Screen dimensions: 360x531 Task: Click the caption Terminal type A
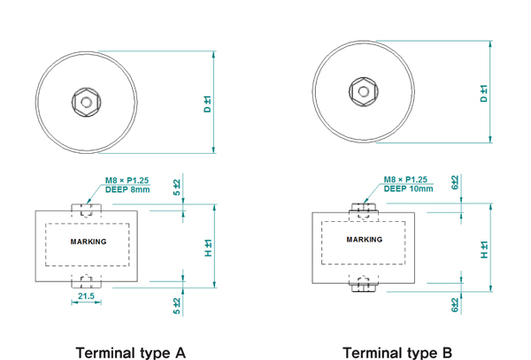coord(130,351)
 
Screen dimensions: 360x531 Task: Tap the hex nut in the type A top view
coord(86,101)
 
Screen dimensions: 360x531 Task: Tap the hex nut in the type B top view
coord(362,91)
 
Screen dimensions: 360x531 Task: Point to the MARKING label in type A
coord(88,241)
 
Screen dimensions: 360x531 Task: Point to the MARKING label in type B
coord(365,240)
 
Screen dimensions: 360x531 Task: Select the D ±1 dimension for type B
coord(483,93)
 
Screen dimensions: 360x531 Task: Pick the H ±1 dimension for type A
coord(208,249)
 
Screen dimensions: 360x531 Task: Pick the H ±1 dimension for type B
coord(483,250)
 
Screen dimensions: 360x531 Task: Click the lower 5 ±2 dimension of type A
coord(178,304)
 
